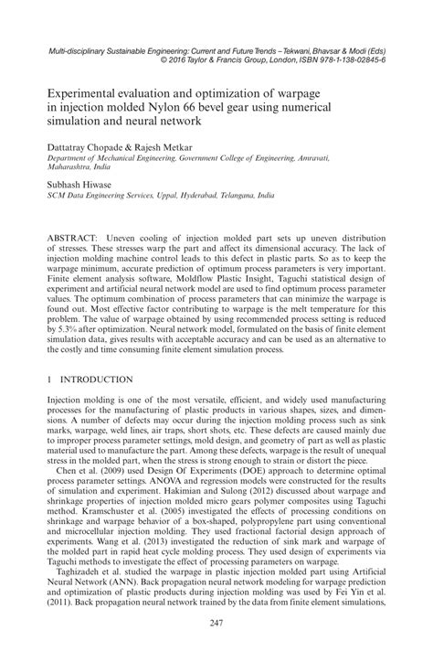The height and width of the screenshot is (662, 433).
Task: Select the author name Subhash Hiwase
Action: pyautogui.click(x=84, y=184)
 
